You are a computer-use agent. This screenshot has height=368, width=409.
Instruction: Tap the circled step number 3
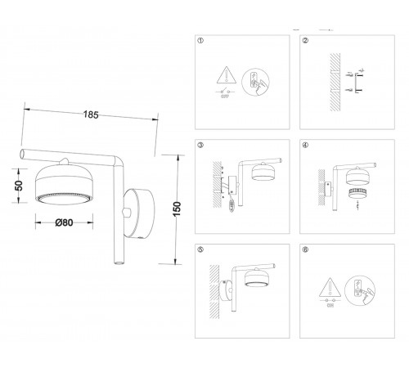pyautogui.click(x=201, y=145)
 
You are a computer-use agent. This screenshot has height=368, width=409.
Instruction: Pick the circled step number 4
pyautogui.click(x=305, y=145)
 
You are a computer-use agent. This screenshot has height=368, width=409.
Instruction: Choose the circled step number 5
pyautogui.click(x=201, y=249)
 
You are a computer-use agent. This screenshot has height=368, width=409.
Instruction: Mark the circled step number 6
pyautogui.click(x=305, y=249)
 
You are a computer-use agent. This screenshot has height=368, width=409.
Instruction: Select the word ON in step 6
pyautogui.click(x=330, y=309)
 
